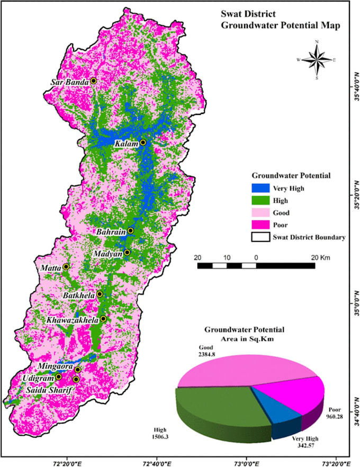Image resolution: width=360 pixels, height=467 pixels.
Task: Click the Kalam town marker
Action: [x=143, y=143]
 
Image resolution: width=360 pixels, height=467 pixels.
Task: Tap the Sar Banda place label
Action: [x=69, y=82]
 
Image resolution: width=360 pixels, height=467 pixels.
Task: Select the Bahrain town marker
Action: [x=131, y=231]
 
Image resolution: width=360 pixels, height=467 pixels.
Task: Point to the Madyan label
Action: [x=108, y=254]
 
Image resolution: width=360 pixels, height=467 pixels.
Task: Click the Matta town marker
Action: [x=66, y=266]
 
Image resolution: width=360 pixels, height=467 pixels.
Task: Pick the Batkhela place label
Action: [x=79, y=294]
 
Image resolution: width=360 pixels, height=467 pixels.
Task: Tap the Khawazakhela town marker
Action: [x=103, y=319]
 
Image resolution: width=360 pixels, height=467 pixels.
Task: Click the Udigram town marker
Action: [x=58, y=377]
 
